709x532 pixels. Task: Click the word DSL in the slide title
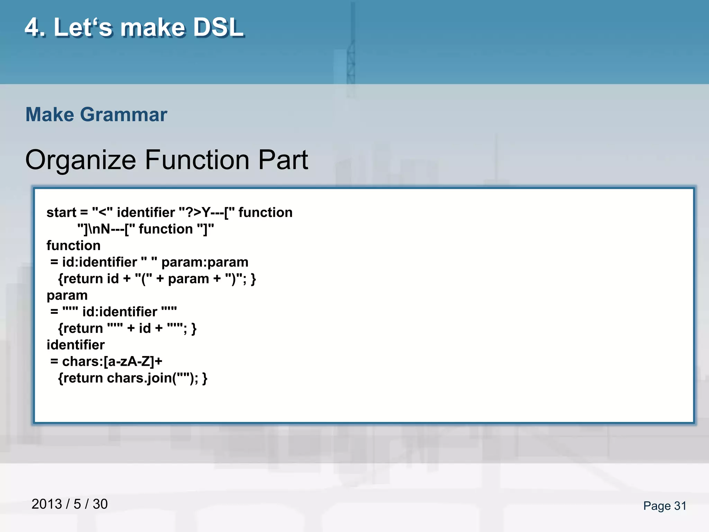pyautogui.click(x=218, y=28)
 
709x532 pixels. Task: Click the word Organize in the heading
pyautogui.click(x=80, y=160)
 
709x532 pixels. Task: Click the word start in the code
pyautogui.click(x=61, y=212)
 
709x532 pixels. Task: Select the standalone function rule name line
pyautogui.click(x=73, y=246)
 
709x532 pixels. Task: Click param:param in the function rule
pyautogui.click(x=205, y=262)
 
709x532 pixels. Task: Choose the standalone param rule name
pyautogui.click(x=67, y=295)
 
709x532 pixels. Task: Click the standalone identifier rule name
pyautogui.click(x=75, y=345)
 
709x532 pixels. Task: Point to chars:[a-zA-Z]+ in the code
pyautogui.click(x=112, y=362)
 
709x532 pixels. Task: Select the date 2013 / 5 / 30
pyautogui.click(x=70, y=504)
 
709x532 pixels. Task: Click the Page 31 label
pyautogui.click(x=664, y=506)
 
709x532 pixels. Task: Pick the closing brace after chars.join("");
pyautogui.click(x=205, y=378)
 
